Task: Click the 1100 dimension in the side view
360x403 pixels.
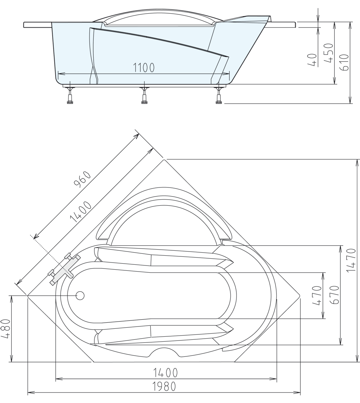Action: click(144, 67)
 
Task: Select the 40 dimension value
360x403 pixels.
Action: click(313, 60)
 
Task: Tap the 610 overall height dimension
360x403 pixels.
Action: click(344, 63)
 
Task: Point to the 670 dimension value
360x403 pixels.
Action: click(334, 296)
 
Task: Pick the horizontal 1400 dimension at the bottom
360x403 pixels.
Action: click(166, 373)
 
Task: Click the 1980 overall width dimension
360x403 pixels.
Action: click(164, 387)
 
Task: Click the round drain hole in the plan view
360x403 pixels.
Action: click(80, 295)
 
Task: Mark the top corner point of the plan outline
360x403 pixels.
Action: click(164, 160)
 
